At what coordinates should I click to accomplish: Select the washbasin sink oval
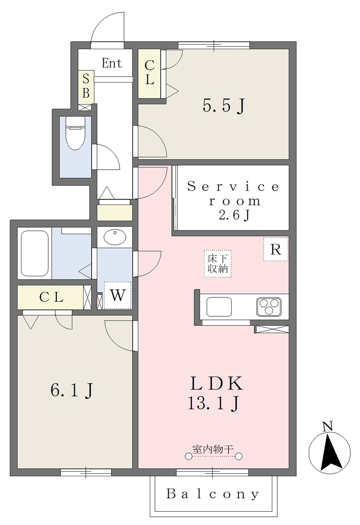[115, 237]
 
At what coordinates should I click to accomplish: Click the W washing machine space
[117, 295]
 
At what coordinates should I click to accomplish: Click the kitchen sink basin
[219, 307]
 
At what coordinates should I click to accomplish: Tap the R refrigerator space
[275, 249]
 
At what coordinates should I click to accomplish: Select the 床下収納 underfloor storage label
[218, 264]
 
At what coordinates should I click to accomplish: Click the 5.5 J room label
[224, 106]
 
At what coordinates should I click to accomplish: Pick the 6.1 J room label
[72, 390]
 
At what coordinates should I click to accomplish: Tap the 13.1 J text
[214, 403]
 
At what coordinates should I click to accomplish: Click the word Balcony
[213, 494]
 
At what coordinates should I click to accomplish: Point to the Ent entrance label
[112, 63]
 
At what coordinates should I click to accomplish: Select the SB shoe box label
[86, 86]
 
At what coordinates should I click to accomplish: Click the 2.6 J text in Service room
[234, 215]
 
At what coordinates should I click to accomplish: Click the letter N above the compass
[328, 426]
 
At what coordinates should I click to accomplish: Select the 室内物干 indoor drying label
[213, 449]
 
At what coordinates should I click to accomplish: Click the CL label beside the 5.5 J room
[149, 73]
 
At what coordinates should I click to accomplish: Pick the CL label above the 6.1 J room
[51, 297]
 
